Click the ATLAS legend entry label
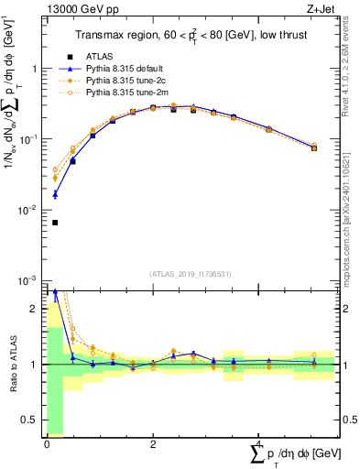[x=100, y=57]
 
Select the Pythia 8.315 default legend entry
[x=125, y=69]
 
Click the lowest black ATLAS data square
[x=55, y=223]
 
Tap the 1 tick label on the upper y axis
[x=34, y=69]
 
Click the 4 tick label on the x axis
[x=260, y=444]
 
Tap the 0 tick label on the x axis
[x=47, y=444]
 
